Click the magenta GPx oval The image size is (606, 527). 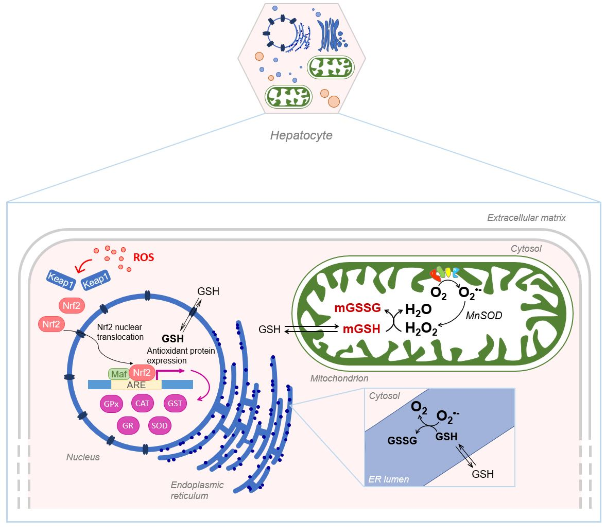tap(111, 404)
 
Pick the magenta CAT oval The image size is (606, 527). tap(142, 403)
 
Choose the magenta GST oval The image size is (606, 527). tap(175, 403)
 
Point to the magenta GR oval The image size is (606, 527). tap(128, 426)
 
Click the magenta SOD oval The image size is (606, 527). tap(159, 426)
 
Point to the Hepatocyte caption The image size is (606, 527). tap(301, 135)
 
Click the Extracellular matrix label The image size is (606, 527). tap(526, 218)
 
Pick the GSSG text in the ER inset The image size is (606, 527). tap(402, 441)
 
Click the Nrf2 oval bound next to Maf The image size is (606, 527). tap(142, 373)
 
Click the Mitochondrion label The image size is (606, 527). tap(339, 378)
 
